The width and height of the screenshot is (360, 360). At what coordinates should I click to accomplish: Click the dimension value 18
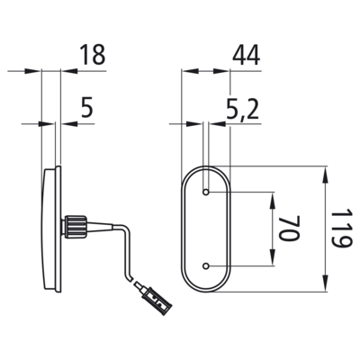[93, 55]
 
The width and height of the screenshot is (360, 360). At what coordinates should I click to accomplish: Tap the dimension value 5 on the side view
[87, 107]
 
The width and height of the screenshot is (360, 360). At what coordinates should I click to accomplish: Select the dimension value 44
[246, 55]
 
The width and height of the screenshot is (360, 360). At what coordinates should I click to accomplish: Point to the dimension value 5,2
[242, 109]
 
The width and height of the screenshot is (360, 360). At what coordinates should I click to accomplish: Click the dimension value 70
[290, 228]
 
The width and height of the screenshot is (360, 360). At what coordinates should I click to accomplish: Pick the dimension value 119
[341, 229]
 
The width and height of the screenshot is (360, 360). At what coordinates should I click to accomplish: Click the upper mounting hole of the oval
[206, 192]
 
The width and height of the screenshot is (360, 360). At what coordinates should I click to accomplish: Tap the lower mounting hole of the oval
[206, 265]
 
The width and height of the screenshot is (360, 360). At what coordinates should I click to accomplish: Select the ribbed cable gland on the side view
[75, 226]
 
